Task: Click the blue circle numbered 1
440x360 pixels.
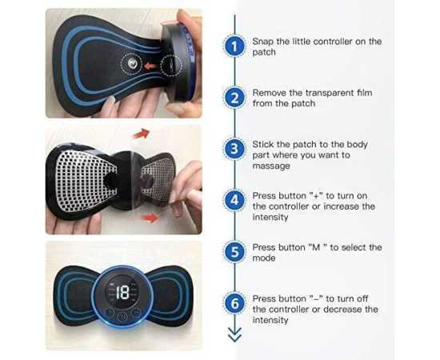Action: pos(234,46)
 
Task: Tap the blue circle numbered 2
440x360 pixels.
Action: pos(234,98)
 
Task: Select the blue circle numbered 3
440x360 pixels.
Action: pos(234,150)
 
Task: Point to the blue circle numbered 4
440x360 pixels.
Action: pos(234,200)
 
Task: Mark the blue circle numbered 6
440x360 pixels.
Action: pos(234,304)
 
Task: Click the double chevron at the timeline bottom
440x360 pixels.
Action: pos(234,335)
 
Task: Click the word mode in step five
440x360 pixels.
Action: pos(266,258)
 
